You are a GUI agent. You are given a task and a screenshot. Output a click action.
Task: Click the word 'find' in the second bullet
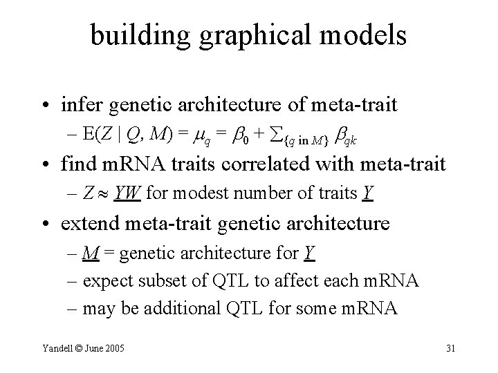[x=77, y=166]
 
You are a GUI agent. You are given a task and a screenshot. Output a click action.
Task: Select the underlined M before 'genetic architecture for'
[x=89, y=255]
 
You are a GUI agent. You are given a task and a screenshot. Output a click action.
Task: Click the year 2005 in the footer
[x=113, y=347]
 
